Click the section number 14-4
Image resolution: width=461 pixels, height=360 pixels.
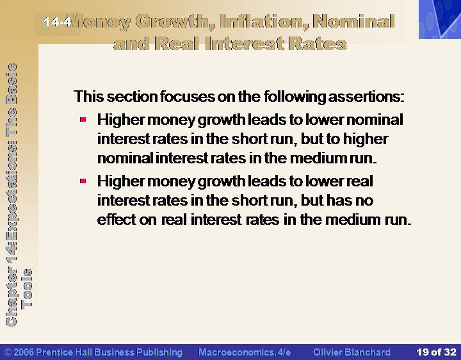(58, 22)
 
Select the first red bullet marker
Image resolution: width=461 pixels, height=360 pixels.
(83, 120)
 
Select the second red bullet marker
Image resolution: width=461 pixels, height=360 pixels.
(83, 181)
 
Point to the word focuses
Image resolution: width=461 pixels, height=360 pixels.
(187, 97)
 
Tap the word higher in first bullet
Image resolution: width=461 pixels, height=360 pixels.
(366, 139)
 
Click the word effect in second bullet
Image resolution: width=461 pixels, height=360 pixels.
(116, 220)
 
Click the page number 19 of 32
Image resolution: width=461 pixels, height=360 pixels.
(436, 352)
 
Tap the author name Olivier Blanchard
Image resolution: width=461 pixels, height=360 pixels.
(352, 352)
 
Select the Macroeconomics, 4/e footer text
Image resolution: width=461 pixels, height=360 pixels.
(245, 352)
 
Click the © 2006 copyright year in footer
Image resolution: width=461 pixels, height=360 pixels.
(19, 352)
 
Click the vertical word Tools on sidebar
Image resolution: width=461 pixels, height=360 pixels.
(27, 288)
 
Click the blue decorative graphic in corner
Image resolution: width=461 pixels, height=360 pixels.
(440, 19)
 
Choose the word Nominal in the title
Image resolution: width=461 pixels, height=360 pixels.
(353, 22)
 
